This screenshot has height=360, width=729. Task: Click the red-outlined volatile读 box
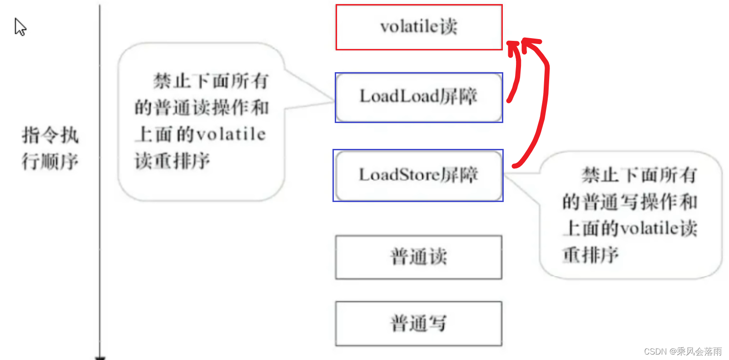click(x=419, y=27)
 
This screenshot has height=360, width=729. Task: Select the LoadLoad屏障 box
click(x=419, y=98)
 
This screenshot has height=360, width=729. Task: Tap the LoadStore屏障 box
click(x=418, y=176)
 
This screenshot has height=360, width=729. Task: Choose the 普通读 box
click(x=419, y=257)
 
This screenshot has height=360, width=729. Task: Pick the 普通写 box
click(x=419, y=324)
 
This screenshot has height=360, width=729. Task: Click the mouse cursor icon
click(x=20, y=27)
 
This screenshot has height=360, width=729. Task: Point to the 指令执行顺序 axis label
click(x=50, y=148)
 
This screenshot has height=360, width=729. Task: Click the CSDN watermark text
click(x=683, y=351)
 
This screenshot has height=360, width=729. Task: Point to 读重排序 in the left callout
click(x=172, y=161)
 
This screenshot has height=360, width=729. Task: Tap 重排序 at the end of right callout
click(x=590, y=255)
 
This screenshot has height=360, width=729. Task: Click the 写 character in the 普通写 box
click(x=437, y=323)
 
